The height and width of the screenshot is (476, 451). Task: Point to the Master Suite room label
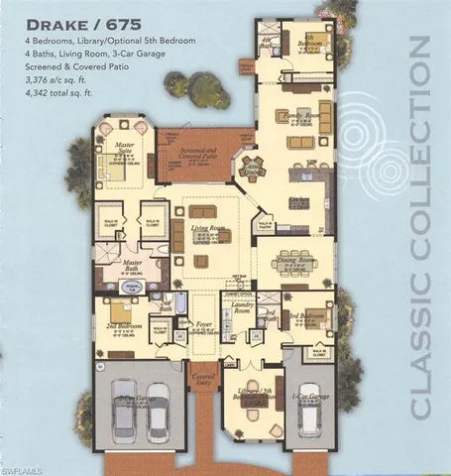[x=124, y=148]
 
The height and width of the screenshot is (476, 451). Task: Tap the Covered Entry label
[x=204, y=379]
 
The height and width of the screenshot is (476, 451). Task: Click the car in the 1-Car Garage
[x=308, y=406]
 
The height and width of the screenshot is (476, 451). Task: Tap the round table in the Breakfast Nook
[x=253, y=169]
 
